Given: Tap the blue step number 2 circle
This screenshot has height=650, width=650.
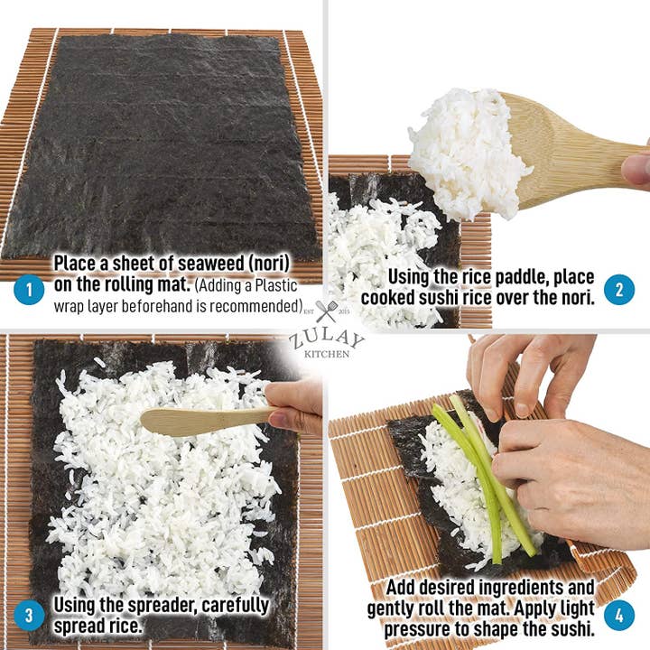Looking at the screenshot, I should [619, 289].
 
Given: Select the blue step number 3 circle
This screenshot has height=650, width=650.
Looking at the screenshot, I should [29, 617].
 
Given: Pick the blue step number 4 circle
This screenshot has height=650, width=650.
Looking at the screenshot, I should [619, 617].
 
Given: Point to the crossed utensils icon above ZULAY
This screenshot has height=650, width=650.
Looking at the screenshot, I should [326, 311].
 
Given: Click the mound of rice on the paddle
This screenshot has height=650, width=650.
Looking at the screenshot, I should [465, 149].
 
